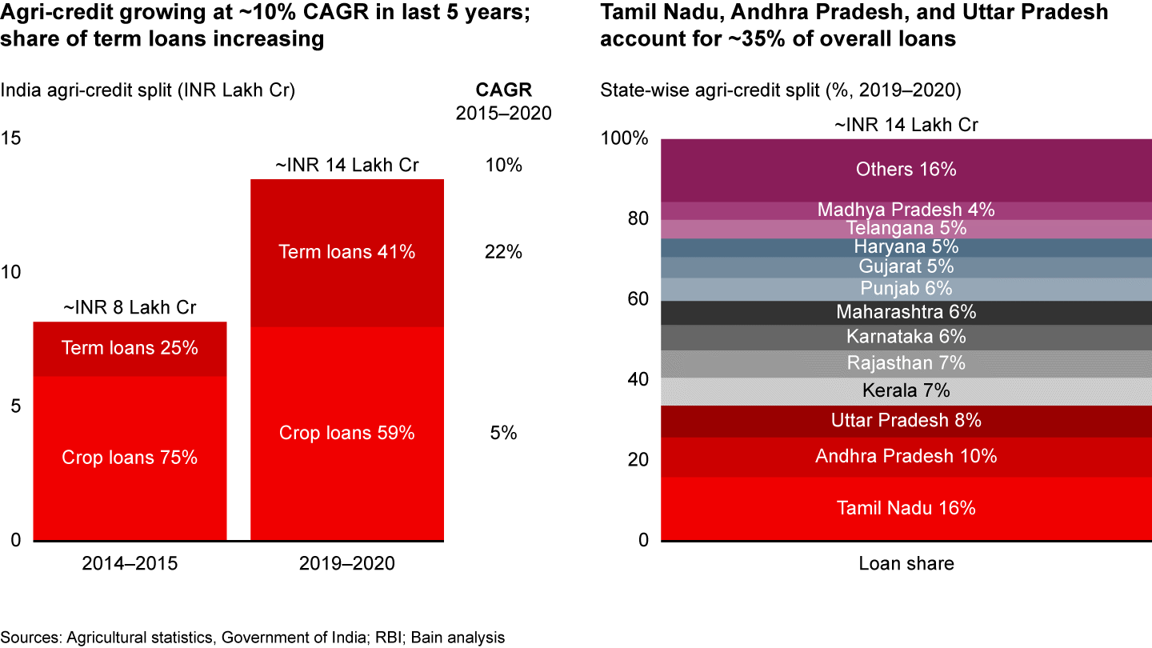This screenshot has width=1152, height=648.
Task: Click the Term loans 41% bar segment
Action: coord(346,253)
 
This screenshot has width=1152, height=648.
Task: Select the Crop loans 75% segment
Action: coord(130,458)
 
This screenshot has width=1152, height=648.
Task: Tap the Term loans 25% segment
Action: coord(130,348)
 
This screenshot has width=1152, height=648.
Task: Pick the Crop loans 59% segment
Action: coord(346,433)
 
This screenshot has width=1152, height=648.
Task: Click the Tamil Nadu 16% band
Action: coord(906,508)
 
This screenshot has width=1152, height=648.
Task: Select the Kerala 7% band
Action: coord(906,391)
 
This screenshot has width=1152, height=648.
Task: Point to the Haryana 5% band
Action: coord(906,247)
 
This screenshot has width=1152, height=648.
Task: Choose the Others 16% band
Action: coord(906,170)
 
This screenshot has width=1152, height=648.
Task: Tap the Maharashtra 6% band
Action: coord(906,312)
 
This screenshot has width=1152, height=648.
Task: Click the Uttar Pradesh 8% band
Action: coord(906,421)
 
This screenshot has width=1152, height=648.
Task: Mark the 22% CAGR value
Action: coord(504,253)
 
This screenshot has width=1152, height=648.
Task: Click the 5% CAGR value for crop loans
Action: coord(504,433)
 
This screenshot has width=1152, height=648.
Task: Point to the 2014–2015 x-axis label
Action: coord(130,563)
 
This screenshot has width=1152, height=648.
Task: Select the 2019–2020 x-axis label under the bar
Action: coord(346,563)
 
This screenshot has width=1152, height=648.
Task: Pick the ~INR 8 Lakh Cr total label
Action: coord(130,307)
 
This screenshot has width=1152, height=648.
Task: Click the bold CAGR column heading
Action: coord(504,90)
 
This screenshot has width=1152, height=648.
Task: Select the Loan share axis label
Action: coord(906,563)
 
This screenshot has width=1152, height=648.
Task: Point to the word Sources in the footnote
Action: coord(28,638)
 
